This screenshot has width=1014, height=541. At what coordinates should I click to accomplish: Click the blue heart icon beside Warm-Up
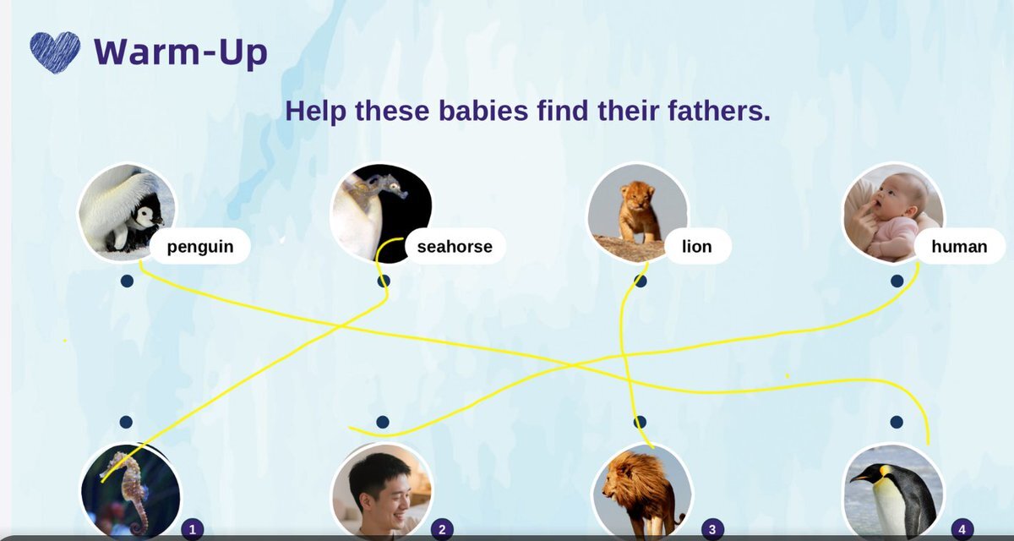tap(55, 52)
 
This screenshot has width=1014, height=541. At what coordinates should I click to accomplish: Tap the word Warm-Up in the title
tap(181, 52)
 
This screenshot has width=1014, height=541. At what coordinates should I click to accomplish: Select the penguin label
tap(200, 246)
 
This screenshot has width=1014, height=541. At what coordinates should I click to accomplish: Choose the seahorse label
tap(455, 246)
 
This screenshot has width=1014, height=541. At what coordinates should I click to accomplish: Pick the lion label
tap(696, 246)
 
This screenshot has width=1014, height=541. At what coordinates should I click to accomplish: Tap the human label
tap(959, 246)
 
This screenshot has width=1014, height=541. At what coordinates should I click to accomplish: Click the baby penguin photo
tap(127, 212)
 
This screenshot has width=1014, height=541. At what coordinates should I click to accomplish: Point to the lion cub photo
tap(638, 212)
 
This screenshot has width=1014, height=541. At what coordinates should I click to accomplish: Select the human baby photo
tap(894, 212)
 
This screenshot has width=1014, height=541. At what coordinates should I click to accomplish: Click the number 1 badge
tap(193, 529)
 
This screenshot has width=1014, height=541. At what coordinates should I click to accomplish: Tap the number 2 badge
tap(442, 529)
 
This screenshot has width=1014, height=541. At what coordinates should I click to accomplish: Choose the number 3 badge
tap(712, 529)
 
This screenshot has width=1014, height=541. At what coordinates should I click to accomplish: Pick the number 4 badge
tap(962, 529)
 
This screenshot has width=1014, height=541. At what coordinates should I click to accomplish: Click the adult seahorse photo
tap(130, 492)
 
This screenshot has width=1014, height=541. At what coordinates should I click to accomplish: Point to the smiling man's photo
tap(383, 492)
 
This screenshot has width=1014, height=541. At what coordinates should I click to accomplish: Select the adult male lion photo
tap(642, 492)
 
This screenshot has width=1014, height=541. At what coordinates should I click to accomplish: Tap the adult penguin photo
tap(894, 492)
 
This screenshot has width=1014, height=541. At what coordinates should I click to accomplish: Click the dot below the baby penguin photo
tap(128, 281)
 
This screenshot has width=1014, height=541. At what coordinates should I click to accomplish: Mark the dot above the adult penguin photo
tap(897, 422)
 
